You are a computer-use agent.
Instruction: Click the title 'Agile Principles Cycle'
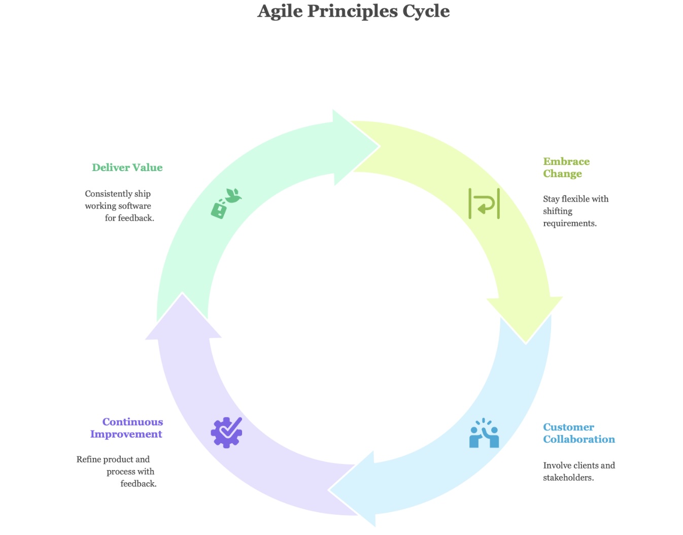(353, 11)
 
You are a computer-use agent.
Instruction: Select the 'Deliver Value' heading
(127, 168)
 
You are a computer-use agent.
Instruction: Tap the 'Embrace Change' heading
(566, 168)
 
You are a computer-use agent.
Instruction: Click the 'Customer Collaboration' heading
(579, 433)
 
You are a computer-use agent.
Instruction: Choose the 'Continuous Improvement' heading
(126, 428)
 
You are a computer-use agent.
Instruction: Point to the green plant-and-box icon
(226, 204)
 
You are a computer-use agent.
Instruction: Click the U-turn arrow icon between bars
(484, 204)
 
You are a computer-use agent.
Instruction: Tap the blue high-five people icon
(484, 433)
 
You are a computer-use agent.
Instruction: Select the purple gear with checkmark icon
(226, 432)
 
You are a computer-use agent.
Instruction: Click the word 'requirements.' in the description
(569, 223)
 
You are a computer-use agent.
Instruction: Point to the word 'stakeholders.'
(568, 478)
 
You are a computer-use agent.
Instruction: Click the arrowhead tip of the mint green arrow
(380, 146)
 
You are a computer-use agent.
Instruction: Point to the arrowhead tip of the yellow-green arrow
(526, 344)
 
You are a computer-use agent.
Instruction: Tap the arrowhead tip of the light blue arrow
(329, 489)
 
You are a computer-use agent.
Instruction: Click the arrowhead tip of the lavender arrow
(182, 293)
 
